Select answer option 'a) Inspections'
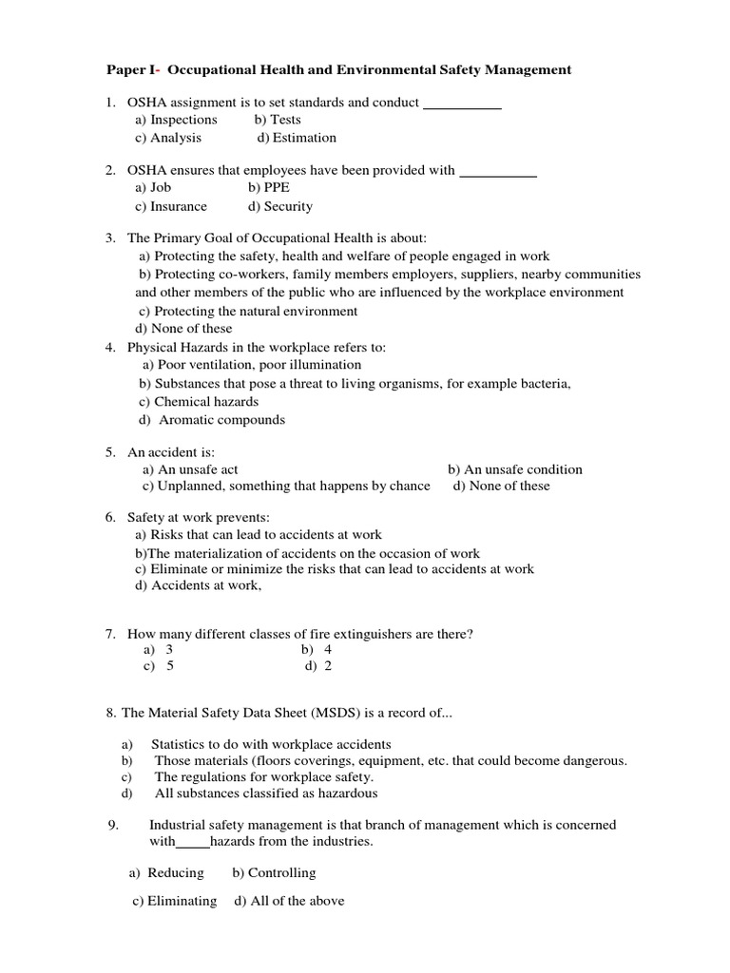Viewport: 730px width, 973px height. (176, 120)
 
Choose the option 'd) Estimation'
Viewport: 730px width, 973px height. (297, 138)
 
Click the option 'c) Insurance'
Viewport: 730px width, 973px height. (170, 206)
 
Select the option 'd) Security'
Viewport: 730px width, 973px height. (279, 206)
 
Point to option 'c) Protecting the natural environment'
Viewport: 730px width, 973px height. (247, 311)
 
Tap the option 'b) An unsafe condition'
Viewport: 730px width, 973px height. (514, 469)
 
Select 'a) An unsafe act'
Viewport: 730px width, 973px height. (190, 469)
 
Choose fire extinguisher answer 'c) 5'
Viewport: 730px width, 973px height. (159, 667)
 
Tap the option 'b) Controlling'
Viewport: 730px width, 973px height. (274, 872)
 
